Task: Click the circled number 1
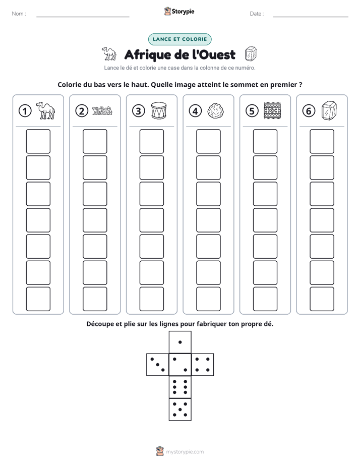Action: [x=25, y=111]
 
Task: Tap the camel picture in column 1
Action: [x=45, y=110]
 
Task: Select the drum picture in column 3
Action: [x=159, y=110]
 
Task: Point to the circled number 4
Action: [x=195, y=111]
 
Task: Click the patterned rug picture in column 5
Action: [x=272, y=110]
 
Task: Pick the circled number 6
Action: [x=309, y=111]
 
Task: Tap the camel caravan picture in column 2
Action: [x=102, y=110]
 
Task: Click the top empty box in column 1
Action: [x=38, y=141]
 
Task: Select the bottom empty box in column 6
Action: [x=322, y=299]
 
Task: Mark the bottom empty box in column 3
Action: [x=151, y=299]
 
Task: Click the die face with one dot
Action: [x=180, y=342]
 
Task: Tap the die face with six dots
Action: [x=180, y=387]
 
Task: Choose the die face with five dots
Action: [x=180, y=410]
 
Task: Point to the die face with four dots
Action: [x=203, y=365]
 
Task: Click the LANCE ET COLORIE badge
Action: [x=179, y=39]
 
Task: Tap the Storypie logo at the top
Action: [x=179, y=11]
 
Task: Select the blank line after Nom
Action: [x=83, y=17]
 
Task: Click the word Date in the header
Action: [x=256, y=14]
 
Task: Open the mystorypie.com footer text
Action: [x=185, y=452]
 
